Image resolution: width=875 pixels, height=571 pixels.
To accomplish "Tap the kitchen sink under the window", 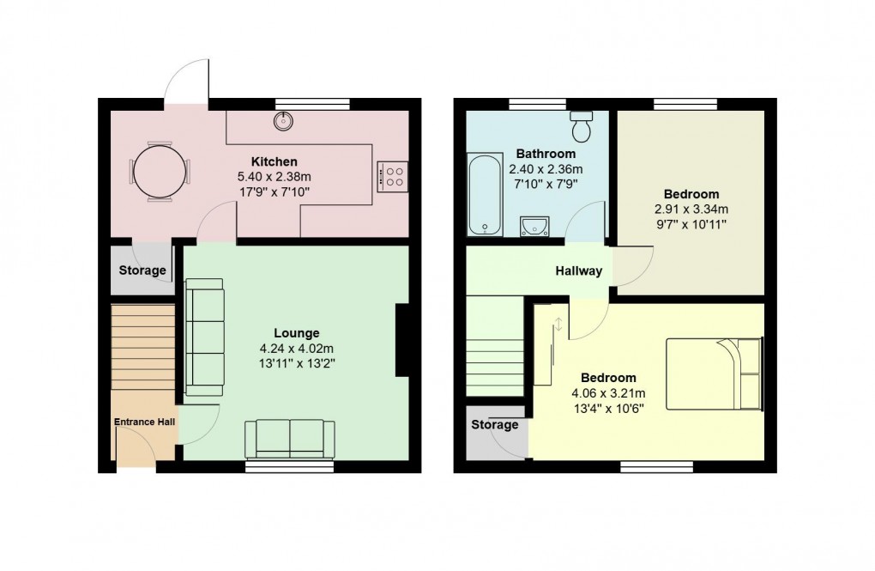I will [283, 121].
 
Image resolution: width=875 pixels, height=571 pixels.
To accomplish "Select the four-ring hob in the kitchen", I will [394, 176].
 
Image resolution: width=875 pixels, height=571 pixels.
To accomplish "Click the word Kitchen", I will [274, 161].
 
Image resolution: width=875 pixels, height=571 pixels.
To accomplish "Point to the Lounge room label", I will [296, 333].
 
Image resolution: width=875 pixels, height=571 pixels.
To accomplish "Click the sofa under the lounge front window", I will [290, 439].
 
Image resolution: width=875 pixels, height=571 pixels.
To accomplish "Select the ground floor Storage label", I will [142, 270].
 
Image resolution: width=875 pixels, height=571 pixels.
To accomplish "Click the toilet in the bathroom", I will [582, 127].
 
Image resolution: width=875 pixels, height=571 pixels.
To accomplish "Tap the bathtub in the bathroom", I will [485, 194].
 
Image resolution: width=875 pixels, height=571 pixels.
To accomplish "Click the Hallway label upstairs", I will [578, 271].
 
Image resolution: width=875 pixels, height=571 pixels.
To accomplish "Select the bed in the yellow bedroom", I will [714, 374].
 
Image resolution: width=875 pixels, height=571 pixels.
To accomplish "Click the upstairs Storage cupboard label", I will [494, 425].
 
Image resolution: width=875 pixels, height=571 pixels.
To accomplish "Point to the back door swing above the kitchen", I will [188, 81].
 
